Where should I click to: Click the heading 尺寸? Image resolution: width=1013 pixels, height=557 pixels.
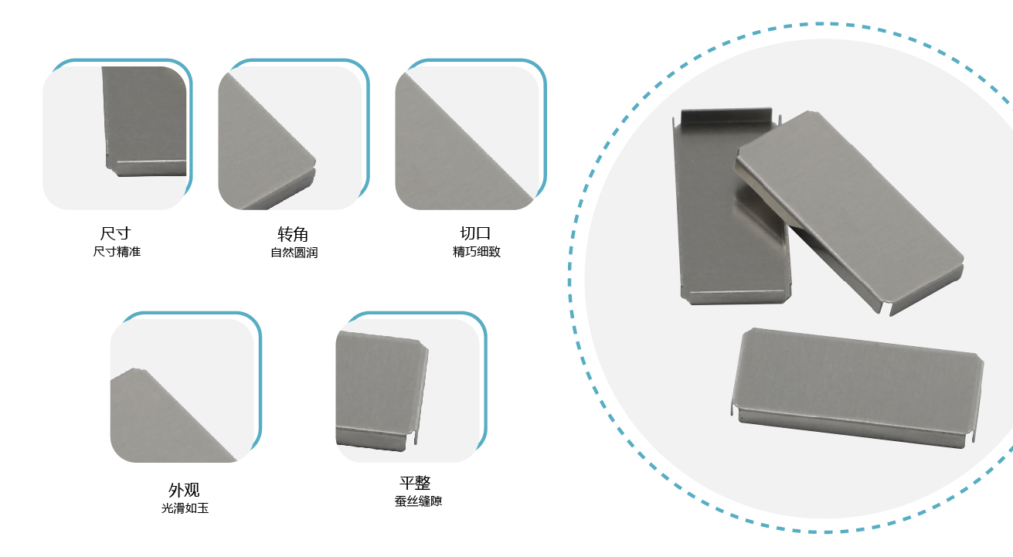tap(115, 233)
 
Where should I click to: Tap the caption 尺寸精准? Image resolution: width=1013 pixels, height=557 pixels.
tap(117, 251)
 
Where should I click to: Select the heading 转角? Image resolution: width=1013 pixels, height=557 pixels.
tap(293, 234)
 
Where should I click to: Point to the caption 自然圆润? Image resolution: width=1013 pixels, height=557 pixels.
tap(294, 253)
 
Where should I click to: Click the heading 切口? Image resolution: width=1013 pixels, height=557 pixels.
tap(475, 233)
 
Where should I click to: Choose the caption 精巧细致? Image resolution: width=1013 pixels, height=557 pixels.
tap(477, 251)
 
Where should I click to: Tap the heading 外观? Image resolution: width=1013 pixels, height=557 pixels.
tap(184, 490)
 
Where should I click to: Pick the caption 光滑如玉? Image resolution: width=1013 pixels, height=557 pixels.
tap(185, 508)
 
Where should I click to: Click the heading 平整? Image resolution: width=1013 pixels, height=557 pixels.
tap(415, 483)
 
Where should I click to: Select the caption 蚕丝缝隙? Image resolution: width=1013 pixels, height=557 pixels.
tap(418, 501)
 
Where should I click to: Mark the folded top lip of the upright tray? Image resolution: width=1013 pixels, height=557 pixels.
tap(726, 115)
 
